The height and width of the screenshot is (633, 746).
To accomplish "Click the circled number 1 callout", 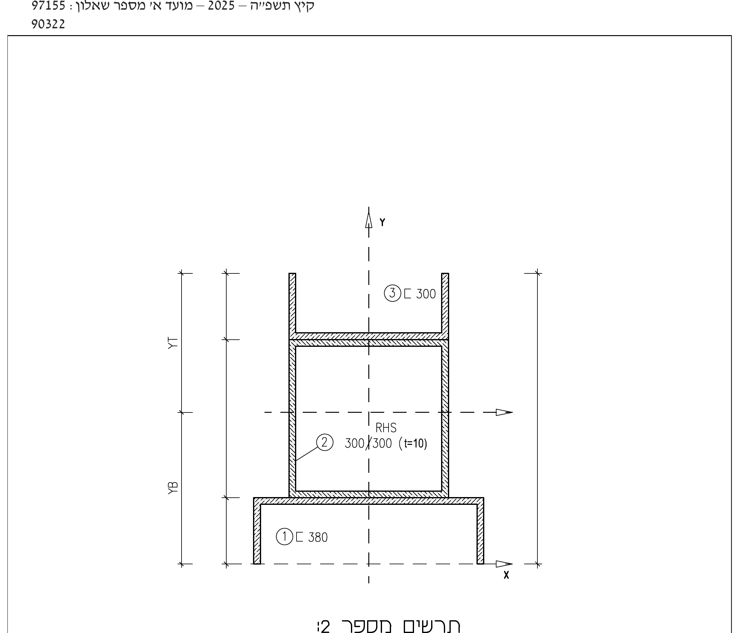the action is (284, 537).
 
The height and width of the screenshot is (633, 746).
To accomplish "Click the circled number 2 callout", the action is (325, 442).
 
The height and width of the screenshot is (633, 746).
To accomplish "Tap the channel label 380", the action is (318, 537).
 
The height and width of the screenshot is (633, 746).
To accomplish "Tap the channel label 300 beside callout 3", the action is (426, 294).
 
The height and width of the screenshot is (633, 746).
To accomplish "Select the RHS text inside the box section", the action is (386, 428).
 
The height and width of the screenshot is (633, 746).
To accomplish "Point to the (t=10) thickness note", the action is (413, 444).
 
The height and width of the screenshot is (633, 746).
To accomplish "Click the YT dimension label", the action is (173, 343).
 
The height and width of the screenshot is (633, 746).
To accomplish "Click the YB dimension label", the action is (173, 488).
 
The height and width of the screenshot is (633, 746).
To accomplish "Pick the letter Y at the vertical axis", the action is (382, 222).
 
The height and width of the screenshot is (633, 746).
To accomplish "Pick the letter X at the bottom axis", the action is (506, 575).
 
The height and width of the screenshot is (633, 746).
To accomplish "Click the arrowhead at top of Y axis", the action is (369, 220).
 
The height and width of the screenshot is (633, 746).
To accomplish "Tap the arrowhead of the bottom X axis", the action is (504, 564).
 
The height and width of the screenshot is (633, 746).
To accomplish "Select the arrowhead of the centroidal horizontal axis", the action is (504, 412).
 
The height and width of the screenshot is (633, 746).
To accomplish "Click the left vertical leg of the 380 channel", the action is (257, 531).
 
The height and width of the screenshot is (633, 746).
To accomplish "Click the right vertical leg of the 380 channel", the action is (480, 531).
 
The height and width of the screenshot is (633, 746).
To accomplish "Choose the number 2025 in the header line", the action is (221, 6).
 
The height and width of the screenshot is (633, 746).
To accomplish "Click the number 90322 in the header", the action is (48, 24).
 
